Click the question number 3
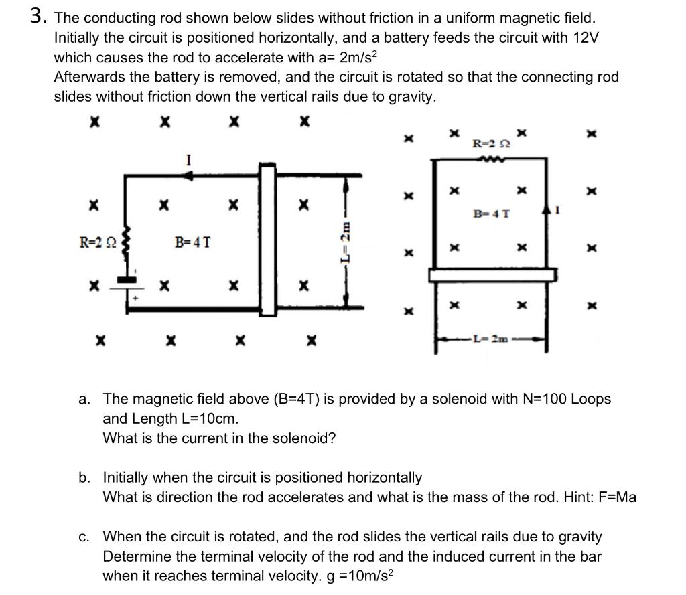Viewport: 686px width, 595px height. pos(36,17)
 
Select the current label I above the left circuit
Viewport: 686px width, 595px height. pos(190,160)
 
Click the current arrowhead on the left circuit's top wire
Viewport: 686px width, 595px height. pos(190,175)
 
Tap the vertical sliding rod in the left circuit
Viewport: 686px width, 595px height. pos(268,240)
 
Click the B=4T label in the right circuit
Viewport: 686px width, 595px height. pos(491,214)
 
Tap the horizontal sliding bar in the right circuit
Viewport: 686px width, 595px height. pos(492,274)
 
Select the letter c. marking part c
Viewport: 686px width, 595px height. pos(84,537)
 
